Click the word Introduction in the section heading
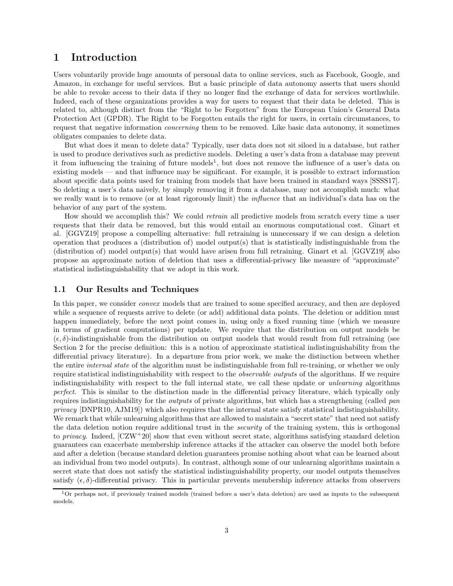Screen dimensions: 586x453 tap(104, 58)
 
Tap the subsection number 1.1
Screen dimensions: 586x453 tap(61, 290)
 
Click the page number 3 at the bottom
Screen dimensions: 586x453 tap(226, 531)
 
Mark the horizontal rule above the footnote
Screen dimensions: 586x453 tap(122, 488)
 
